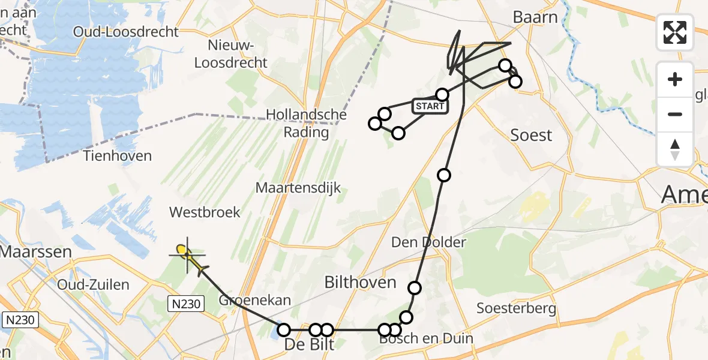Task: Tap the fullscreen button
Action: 675,32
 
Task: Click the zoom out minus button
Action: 675,114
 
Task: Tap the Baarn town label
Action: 535,17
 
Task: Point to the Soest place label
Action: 531,135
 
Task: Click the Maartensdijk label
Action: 298,188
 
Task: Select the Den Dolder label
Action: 428,242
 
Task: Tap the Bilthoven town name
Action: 360,283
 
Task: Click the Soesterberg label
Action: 516,309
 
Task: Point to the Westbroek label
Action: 205,212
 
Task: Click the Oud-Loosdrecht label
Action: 126,32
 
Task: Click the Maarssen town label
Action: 35,251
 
